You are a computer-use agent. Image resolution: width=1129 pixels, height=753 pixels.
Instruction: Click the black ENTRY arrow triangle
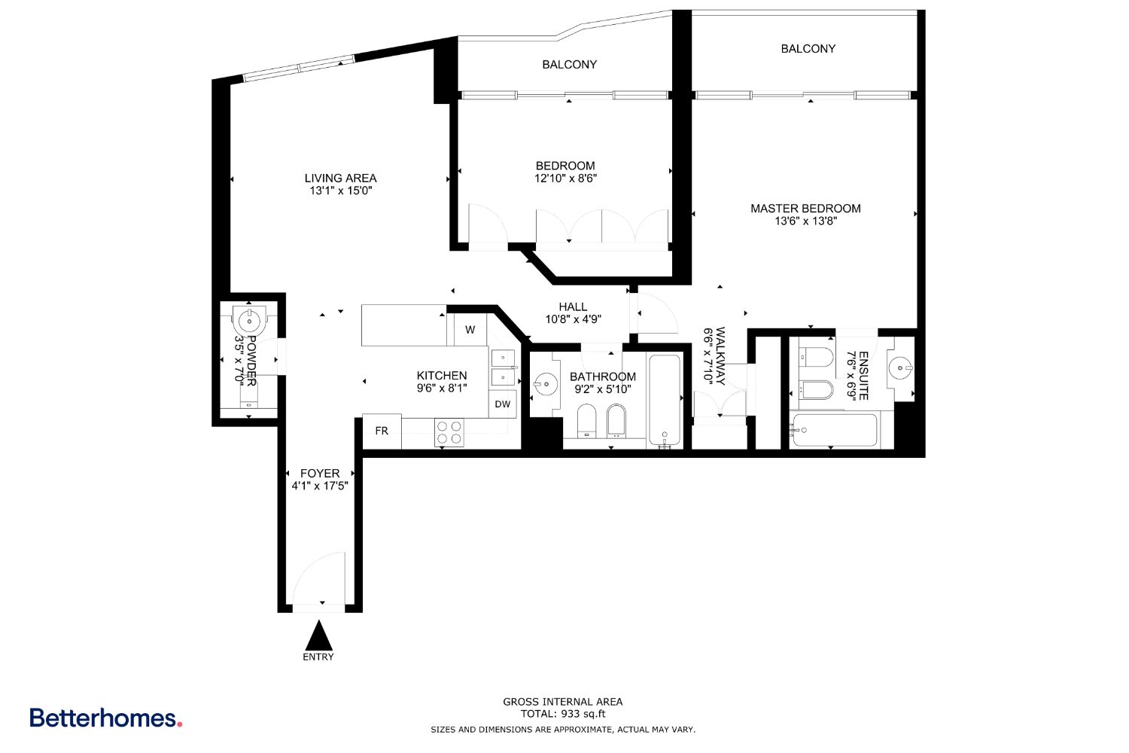pos(318,636)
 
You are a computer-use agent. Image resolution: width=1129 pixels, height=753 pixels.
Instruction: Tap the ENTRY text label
pos(318,657)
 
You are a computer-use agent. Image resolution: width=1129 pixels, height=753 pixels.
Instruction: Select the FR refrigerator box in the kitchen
pos(382,431)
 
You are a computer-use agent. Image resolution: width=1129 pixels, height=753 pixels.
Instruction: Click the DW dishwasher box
pos(503,404)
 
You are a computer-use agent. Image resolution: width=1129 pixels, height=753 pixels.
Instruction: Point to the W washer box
pos(470,330)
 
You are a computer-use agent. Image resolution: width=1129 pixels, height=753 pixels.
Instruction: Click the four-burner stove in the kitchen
pos(449,433)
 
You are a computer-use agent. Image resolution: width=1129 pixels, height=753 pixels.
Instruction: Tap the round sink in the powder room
pos(249,320)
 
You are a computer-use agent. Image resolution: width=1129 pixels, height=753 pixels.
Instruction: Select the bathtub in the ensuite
pos(835,430)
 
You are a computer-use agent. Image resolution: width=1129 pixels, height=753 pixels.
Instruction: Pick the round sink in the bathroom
pos(546,384)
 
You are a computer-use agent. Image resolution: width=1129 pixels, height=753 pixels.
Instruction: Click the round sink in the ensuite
pos(901,367)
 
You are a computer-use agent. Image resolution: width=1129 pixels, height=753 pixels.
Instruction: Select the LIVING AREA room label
pos(341,178)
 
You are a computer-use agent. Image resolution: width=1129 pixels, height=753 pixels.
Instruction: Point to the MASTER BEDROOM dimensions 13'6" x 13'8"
pos(805,221)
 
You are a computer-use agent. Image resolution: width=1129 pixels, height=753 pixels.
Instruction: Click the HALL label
pos(573,306)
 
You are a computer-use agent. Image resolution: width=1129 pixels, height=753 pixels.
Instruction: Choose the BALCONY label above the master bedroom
pos(808,49)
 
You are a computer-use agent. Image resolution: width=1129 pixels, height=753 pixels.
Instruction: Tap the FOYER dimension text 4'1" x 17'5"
pos(320,486)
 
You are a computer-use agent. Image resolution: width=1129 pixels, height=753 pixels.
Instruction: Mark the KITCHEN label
pos(442,375)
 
